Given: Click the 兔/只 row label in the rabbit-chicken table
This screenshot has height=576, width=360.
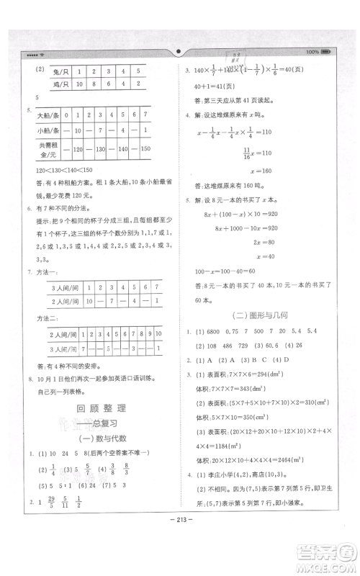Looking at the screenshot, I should point(53,72).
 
